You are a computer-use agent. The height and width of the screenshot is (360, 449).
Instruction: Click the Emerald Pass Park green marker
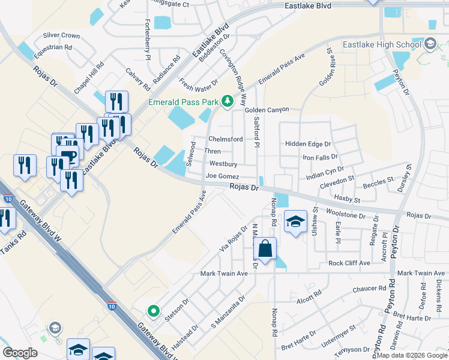click(227, 101)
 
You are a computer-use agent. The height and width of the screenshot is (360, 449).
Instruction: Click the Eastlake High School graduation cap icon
click(430, 44)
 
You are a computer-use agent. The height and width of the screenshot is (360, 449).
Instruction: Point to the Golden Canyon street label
click(266, 110)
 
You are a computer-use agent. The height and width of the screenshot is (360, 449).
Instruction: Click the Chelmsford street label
click(225, 139)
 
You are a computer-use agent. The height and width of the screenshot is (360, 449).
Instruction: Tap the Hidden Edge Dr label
click(308, 144)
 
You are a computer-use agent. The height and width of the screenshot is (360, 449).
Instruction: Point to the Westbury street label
click(223, 164)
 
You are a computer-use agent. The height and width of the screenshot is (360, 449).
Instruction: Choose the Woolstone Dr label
click(345, 214)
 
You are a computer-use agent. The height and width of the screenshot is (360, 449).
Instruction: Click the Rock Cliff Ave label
click(351, 263)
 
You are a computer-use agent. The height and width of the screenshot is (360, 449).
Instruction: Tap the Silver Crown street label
click(61, 36)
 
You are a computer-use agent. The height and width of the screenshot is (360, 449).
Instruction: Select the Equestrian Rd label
click(53, 47)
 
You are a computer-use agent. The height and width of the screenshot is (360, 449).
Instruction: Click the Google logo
click(20, 353)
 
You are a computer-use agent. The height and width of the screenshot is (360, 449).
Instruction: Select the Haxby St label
click(347, 199)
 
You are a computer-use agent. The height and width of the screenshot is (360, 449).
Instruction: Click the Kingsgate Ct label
click(170, 4)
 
